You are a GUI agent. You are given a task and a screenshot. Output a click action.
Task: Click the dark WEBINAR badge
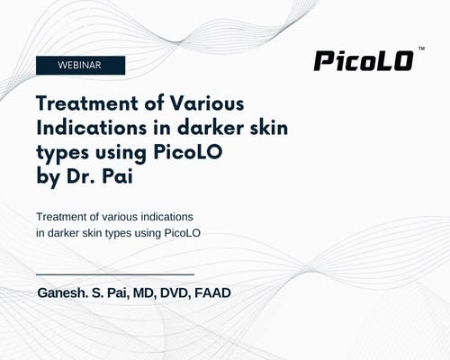pyautogui.click(x=80, y=65)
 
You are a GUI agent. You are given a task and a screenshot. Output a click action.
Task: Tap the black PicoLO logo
pyautogui.click(x=364, y=61)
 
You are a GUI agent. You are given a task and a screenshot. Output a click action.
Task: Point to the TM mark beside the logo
pyautogui.click(x=421, y=49)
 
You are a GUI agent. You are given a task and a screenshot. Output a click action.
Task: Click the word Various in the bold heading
pyautogui.click(x=207, y=103)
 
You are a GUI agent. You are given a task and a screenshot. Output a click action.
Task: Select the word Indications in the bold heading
pyautogui.click(x=92, y=128)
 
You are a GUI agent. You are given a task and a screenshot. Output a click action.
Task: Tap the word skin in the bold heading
pyautogui.click(x=269, y=128)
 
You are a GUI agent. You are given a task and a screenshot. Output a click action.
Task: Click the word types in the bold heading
pyautogui.click(x=62, y=153)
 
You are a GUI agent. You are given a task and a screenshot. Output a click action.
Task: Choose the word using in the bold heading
pyautogui.click(x=121, y=153)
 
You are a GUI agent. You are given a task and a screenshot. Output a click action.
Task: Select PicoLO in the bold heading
pyautogui.click(x=188, y=152)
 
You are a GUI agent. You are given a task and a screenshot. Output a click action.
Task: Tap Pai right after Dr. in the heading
pyautogui.click(x=117, y=176)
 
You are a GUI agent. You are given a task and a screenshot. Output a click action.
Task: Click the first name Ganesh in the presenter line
pyautogui.click(x=62, y=293)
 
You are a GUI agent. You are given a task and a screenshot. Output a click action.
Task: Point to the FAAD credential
pyautogui.click(x=212, y=293)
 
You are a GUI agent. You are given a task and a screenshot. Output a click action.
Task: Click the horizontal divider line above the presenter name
pyautogui.click(x=115, y=274)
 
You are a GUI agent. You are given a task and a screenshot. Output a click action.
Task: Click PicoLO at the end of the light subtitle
pyautogui.click(x=183, y=233)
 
